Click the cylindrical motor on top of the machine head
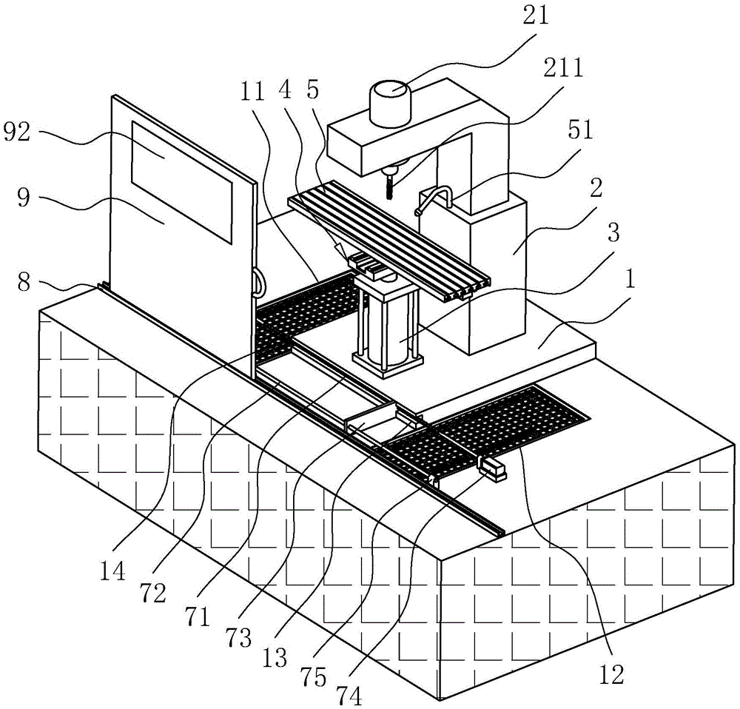[x=390, y=104]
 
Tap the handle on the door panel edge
[x=258, y=283]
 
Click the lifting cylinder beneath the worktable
[x=387, y=326]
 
